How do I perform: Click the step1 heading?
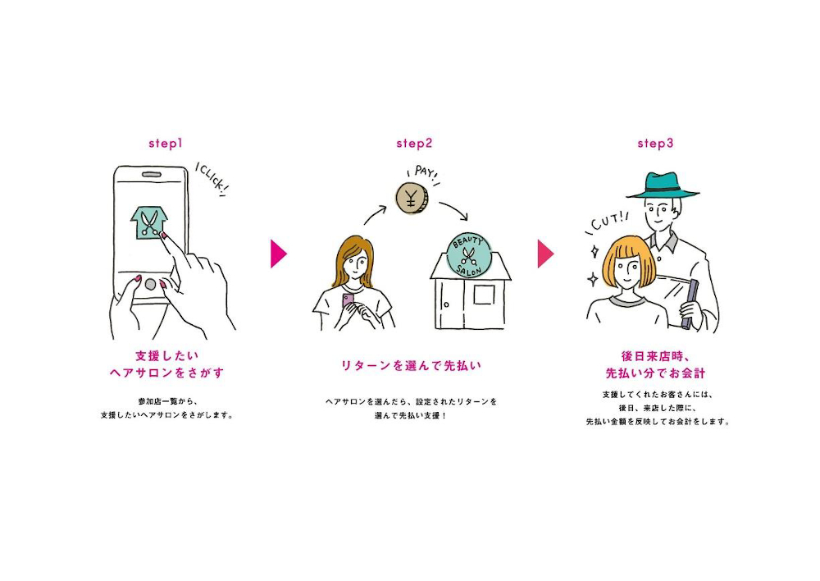tap(166, 144)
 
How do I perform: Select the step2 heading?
tap(414, 144)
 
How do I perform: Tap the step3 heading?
tap(655, 144)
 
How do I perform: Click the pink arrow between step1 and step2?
tap(278, 254)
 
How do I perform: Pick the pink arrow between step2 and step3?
tap(545, 254)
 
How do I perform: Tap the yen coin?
tap(412, 199)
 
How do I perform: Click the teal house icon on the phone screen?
tap(149, 222)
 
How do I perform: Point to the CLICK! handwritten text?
tap(212, 179)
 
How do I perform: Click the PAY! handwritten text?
tap(424, 174)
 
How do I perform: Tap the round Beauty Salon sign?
tap(467, 255)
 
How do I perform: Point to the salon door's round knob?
tap(446, 304)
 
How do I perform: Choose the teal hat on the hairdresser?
tap(663, 185)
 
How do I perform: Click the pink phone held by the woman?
tap(348, 301)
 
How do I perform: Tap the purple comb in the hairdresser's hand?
tap(690, 304)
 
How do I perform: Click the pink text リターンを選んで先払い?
tap(411, 365)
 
